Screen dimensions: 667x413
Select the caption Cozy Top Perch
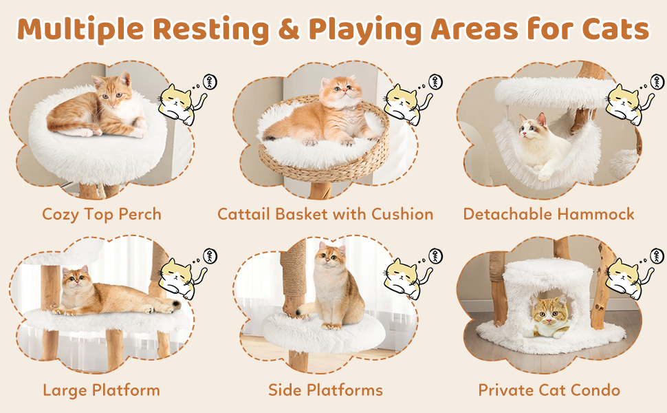(102, 214)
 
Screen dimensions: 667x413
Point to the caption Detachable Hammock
(548, 214)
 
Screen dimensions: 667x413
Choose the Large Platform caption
(101, 390)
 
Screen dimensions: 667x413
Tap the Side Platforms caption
(325, 390)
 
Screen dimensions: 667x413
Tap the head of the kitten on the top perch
(113, 91)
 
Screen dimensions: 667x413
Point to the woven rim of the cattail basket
(324, 167)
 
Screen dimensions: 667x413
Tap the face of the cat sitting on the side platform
(329, 257)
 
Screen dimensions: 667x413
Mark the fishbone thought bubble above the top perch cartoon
(210, 82)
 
